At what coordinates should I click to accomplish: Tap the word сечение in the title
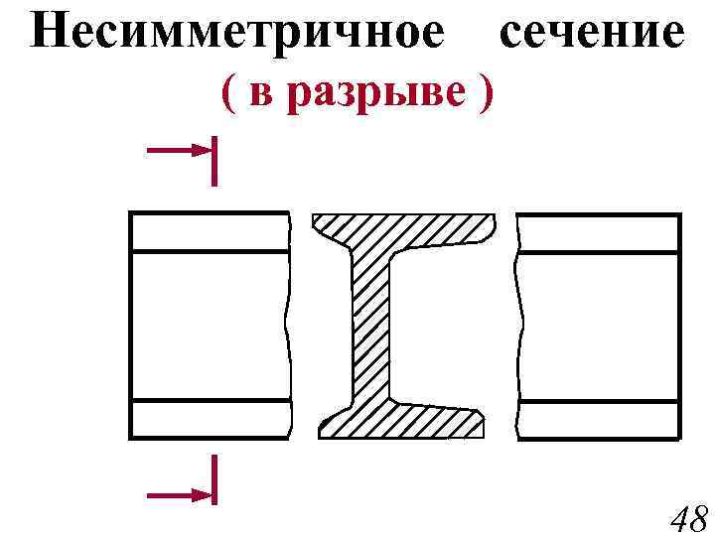click(593, 33)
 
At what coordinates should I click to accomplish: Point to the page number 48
click(688, 517)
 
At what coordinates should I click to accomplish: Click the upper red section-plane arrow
click(182, 151)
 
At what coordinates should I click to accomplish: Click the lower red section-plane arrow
click(182, 492)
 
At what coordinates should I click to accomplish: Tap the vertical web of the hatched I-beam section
click(370, 328)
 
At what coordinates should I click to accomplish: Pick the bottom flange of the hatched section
click(402, 420)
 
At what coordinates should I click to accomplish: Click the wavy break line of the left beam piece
click(289, 328)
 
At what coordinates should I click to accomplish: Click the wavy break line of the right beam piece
click(517, 328)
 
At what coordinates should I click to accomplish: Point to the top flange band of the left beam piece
click(210, 232)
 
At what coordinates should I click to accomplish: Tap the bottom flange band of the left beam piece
click(210, 418)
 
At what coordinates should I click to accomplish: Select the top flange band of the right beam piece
click(599, 232)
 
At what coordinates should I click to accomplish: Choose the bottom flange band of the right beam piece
click(599, 418)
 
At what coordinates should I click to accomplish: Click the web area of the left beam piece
click(210, 326)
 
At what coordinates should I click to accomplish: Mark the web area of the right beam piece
click(599, 326)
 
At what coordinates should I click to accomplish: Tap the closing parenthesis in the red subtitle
click(484, 93)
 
